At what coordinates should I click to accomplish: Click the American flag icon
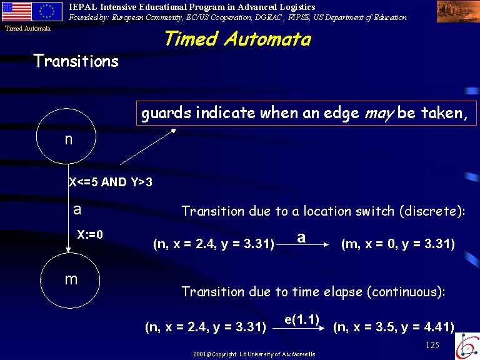coord(17,12)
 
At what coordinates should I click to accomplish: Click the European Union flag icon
coord(47,12)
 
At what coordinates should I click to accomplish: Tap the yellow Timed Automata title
coord(238,39)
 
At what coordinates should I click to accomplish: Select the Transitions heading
coord(76,61)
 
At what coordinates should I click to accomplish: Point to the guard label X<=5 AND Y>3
coord(111,182)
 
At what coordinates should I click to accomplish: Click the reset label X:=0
coord(90,234)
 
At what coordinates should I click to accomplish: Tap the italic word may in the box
coord(379,114)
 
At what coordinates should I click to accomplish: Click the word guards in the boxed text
coord(166,113)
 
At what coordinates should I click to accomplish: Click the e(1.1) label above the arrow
coord(302,319)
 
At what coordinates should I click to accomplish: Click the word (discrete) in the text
coord(432,211)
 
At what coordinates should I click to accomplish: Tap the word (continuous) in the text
coord(406,291)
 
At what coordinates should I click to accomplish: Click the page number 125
coord(432,345)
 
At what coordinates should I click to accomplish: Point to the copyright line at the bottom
coord(254,354)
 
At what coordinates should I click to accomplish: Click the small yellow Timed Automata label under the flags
coord(27,29)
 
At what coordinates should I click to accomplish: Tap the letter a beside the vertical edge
coord(77,210)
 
